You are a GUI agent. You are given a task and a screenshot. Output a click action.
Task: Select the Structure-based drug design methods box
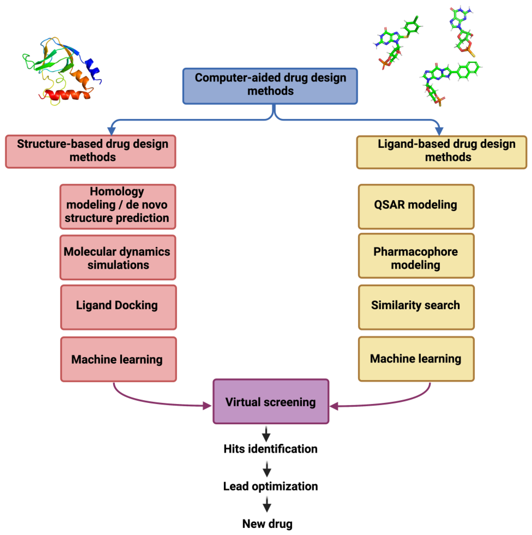[x=91, y=151]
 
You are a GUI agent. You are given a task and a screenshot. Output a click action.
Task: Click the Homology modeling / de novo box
[x=118, y=207]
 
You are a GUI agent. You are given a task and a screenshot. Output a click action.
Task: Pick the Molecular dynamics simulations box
[x=118, y=257]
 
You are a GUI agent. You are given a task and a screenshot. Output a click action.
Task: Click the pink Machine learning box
[x=118, y=359]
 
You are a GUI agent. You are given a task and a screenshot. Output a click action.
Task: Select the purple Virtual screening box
[x=271, y=401]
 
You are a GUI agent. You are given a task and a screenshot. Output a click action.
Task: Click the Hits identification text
[x=270, y=449]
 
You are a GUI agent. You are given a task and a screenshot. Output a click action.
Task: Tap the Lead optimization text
[x=270, y=486]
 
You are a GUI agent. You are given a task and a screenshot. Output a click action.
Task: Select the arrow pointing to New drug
[x=267, y=504]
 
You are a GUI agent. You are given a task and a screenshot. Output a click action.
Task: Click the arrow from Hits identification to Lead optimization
[x=267, y=469]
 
